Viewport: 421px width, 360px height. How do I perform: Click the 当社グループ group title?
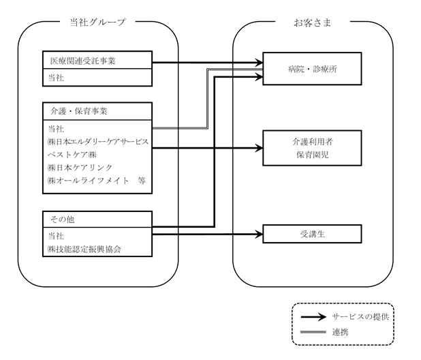pyautogui.click(x=97, y=22)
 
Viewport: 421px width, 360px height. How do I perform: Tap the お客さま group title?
pyautogui.click(x=312, y=22)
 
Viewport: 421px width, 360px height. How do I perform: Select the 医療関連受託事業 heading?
pyautogui.click(x=82, y=61)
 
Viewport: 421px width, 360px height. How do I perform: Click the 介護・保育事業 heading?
pyautogui.click(x=78, y=111)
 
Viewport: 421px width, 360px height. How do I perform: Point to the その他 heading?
pyautogui.click(x=62, y=220)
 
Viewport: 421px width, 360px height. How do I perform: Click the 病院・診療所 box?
pyautogui.click(x=312, y=69)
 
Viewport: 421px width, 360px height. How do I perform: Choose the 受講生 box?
pyautogui.click(x=312, y=234)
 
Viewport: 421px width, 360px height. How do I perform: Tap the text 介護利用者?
pyautogui.click(x=313, y=142)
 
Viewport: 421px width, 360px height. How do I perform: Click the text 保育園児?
pyautogui.click(x=313, y=155)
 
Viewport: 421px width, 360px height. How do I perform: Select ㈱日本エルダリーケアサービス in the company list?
pyautogui.click(x=98, y=142)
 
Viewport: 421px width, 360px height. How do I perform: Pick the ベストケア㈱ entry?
pyautogui.click(x=72, y=155)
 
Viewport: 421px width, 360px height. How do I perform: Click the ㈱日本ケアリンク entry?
pyautogui.click(x=80, y=168)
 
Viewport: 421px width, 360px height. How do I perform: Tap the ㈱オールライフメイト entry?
pyautogui.click(x=89, y=180)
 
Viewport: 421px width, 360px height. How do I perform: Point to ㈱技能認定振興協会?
pyautogui.click(x=84, y=250)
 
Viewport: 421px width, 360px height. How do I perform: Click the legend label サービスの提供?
pyautogui.click(x=360, y=317)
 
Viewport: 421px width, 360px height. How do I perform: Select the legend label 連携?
pyautogui.click(x=340, y=332)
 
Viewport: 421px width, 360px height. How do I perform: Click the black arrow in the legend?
pyautogui.click(x=313, y=317)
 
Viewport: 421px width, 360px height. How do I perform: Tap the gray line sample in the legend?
pyautogui.click(x=313, y=332)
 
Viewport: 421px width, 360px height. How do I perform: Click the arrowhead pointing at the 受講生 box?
pyautogui.click(x=259, y=235)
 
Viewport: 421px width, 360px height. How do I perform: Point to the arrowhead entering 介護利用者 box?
pyautogui.click(x=259, y=148)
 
